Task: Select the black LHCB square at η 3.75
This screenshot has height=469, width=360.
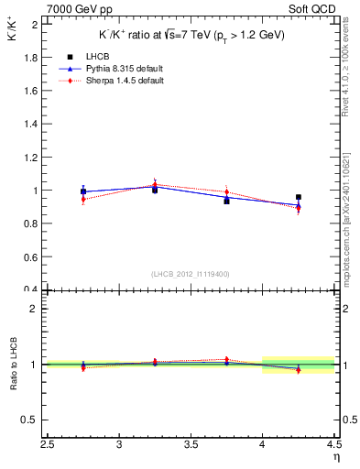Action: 226,201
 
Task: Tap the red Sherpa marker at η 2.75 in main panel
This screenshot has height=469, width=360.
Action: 83,199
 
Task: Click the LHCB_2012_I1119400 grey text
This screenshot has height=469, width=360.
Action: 191,274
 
